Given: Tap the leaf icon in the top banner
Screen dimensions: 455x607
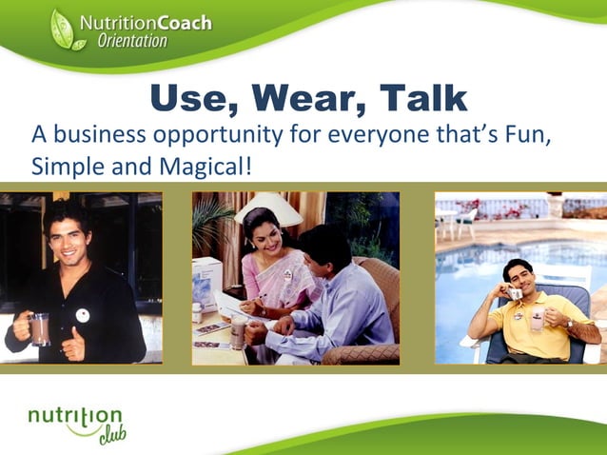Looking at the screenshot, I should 63,30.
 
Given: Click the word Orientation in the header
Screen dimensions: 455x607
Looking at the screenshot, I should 132,41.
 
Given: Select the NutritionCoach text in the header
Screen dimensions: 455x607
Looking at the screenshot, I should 146,23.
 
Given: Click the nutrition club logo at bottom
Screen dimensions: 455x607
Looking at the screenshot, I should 77,422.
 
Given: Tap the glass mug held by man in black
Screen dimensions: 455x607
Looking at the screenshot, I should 38,329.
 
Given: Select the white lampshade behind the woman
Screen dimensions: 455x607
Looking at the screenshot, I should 269,208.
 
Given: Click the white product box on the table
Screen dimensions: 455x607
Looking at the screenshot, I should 207,282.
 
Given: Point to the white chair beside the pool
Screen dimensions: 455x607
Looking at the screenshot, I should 465,222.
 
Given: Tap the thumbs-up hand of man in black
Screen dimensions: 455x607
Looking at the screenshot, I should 72,344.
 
